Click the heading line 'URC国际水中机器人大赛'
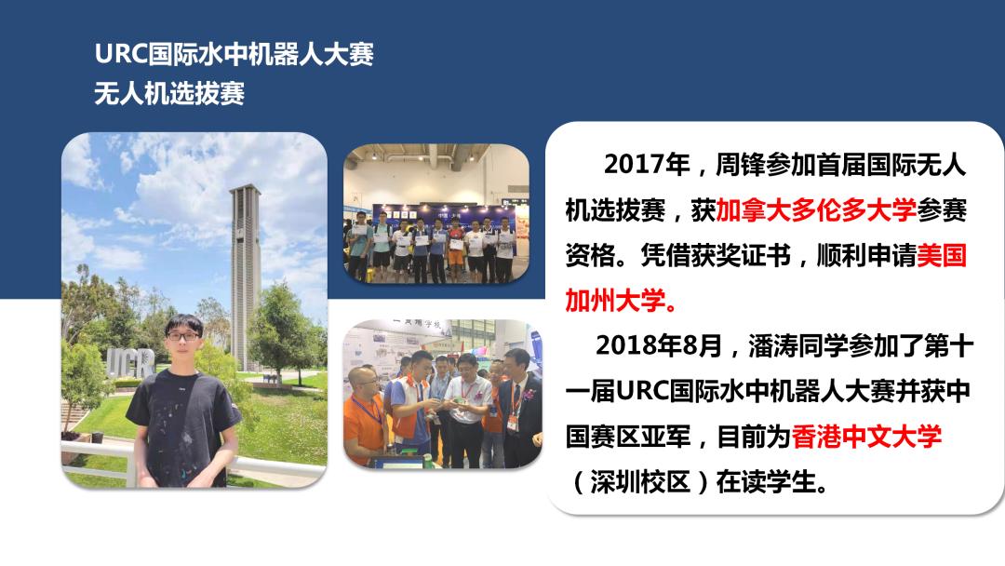[x=234, y=55]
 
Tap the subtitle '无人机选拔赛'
[x=169, y=94]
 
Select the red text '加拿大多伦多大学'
[x=816, y=210]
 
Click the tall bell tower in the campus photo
[x=245, y=270]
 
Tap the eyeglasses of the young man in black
[x=185, y=333]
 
